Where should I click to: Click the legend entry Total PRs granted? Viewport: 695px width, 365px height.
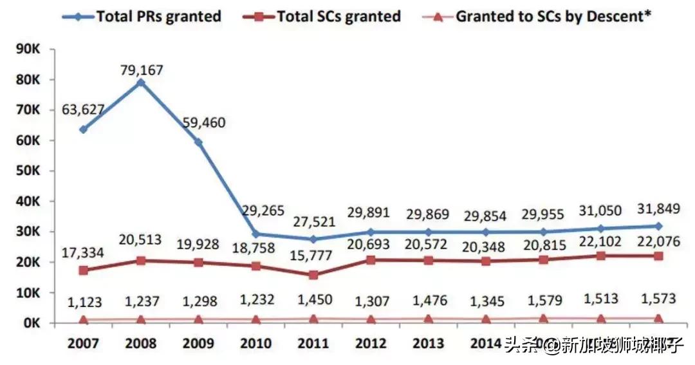pos(158,16)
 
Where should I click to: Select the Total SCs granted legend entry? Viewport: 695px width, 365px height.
pos(338,16)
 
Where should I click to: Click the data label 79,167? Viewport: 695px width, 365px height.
pos(142,69)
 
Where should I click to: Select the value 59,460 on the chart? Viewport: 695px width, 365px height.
pos(204,122)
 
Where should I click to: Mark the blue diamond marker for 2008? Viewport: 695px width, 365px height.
pos(142,82)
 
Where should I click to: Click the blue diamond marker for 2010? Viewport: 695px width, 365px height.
pos(256,234)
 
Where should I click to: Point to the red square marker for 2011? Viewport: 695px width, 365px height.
pos(313,275)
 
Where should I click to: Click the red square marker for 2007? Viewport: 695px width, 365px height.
pos(84,270)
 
